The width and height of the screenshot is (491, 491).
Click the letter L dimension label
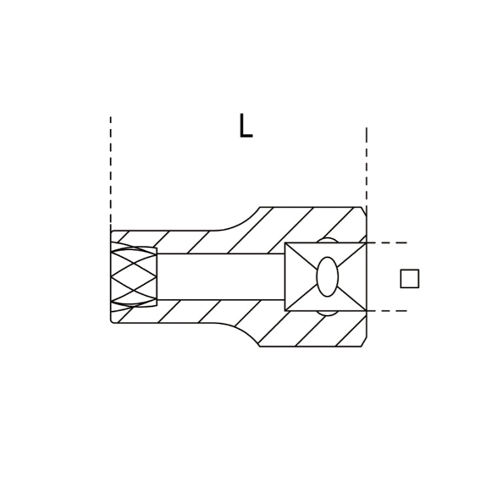coord(245,126)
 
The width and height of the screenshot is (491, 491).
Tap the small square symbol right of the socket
coord(410,278)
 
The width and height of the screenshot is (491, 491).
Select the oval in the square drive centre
coord(327,277)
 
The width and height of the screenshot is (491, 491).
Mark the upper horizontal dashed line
coord(387,243)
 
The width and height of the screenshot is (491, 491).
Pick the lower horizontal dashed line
coord(387,311)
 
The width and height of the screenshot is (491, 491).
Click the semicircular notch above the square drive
coord(327,240)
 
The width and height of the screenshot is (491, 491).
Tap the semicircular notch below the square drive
coord(327,313)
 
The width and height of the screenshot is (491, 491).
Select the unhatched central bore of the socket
coord(221,277)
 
